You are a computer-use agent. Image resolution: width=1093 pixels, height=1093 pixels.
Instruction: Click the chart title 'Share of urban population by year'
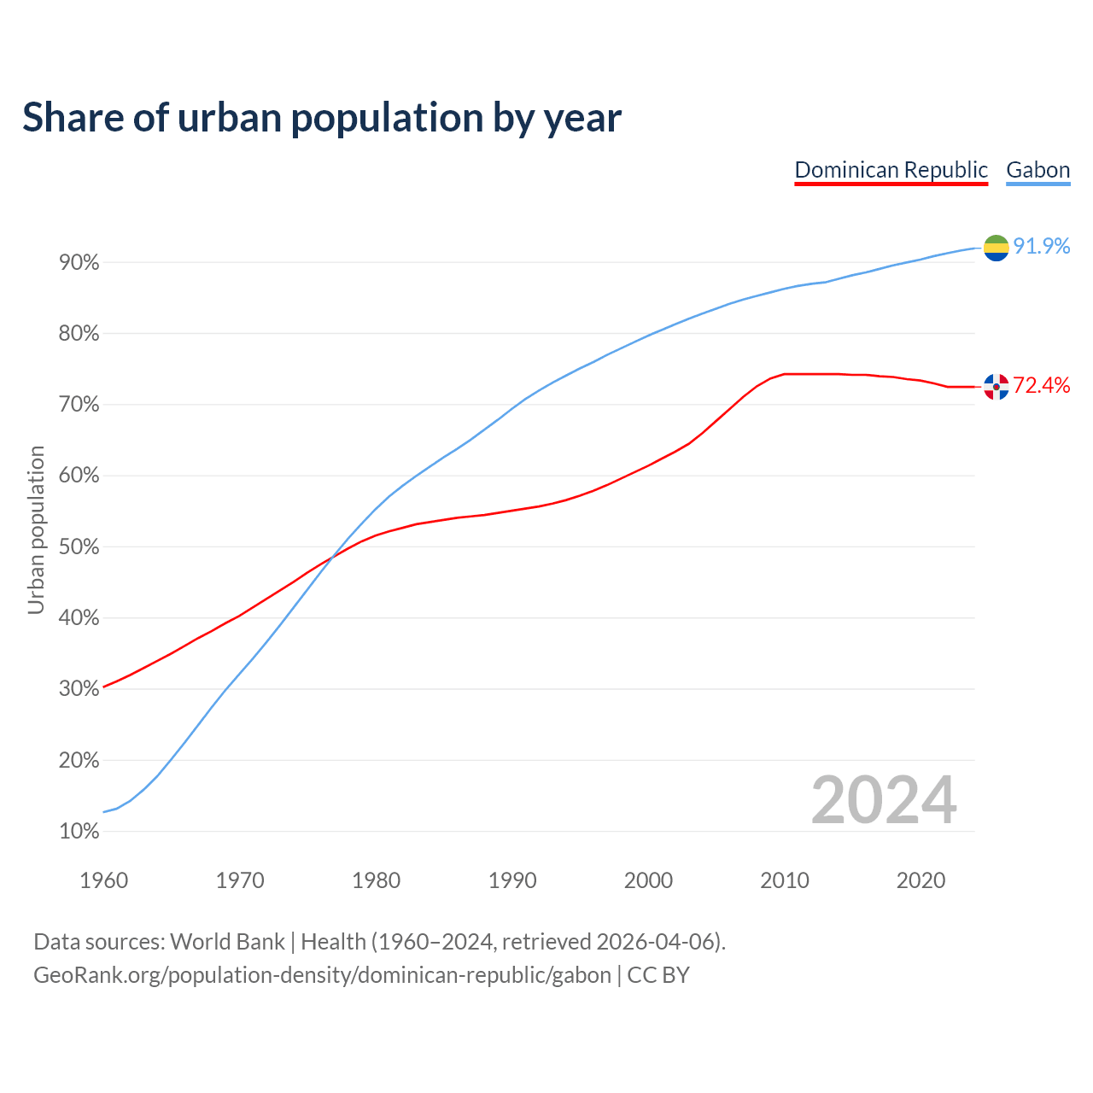click(322, 118)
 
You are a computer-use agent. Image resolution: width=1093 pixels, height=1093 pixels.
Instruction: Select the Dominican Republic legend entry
click(891, 170)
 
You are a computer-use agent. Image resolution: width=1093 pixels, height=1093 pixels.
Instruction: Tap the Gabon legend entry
click(1037, 170)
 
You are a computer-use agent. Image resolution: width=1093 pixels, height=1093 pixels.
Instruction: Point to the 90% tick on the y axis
click(79, 263)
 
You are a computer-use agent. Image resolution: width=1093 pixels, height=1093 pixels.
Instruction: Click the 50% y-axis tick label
click(79, 547)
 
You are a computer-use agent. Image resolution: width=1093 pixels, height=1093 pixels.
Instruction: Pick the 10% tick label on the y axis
click(79, 832)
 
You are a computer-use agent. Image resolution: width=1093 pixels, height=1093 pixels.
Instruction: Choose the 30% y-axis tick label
click(79, 689)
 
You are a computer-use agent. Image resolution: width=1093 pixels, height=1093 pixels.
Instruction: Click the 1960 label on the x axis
click(103, 880)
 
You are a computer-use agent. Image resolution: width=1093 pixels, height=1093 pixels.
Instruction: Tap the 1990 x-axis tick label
click(512, 880)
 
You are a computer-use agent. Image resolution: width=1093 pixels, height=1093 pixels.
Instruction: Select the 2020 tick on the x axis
click(921, 880)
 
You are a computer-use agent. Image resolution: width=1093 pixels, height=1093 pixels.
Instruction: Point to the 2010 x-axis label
click(785, 880)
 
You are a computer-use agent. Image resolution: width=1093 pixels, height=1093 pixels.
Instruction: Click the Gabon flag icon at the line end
click(996, 248)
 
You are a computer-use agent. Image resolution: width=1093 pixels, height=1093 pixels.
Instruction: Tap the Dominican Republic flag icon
click(996, 387)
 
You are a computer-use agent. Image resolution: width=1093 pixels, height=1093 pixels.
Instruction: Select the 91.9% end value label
click(1042, 247)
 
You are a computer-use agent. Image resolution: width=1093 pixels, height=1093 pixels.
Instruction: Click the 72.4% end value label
click(1042, 386)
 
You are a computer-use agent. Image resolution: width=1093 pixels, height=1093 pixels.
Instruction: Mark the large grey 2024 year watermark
click(884, 801)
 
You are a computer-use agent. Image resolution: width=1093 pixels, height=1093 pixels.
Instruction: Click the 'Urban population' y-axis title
click(36, 529)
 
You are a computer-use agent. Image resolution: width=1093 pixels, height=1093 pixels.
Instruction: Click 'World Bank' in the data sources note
click(227, 942)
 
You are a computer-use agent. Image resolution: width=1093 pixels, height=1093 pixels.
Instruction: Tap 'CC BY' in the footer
click(658, 975)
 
